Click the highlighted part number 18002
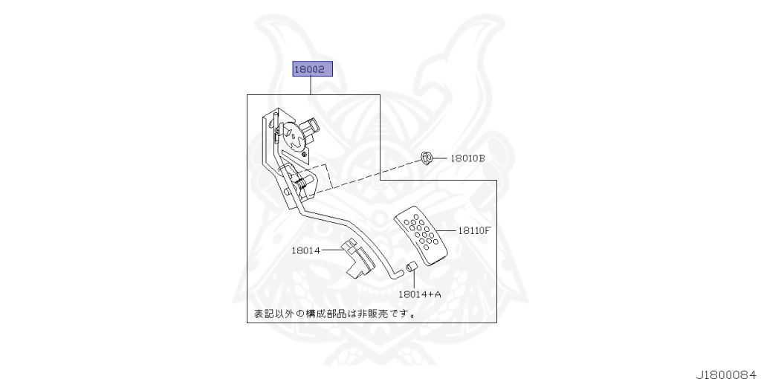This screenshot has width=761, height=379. click(x=311, y=70)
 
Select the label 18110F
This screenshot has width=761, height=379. click(x=473, y=230)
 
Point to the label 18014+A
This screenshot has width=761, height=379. click(x=420, y=294)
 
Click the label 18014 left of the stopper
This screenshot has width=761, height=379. click(x=305, y=250)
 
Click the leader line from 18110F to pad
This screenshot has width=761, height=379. click(x=449, y=230)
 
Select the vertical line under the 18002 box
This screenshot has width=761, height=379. click(x=311, y=86)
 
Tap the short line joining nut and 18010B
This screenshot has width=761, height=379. click(x=441, y=158)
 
